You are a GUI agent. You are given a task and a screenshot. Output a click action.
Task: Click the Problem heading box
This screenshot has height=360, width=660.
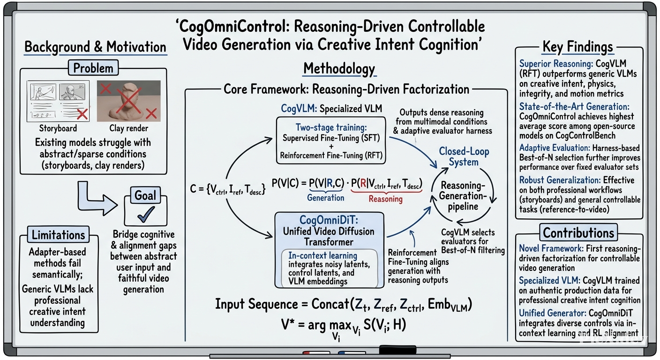click(93, 68)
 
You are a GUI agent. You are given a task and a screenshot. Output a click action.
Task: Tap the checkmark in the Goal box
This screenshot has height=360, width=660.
click(146, 214)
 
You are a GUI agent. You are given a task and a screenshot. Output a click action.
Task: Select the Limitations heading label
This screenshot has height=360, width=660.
click(58, 235)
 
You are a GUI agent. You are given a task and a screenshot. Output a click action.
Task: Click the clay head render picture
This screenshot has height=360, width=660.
click(129, 101)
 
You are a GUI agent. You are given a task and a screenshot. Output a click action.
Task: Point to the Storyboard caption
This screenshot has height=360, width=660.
click(58, 128)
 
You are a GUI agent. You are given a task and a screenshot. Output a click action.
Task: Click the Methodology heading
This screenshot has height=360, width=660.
click(339, 68)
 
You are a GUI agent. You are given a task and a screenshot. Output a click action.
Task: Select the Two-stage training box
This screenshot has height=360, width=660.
click(331, 141)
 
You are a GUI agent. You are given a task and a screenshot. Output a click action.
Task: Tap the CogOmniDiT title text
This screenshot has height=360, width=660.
click(329, 220)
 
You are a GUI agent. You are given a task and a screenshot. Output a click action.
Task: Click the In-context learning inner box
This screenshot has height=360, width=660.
click(330, 269)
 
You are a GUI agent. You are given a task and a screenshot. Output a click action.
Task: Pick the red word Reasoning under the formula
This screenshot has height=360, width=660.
click(385, 199)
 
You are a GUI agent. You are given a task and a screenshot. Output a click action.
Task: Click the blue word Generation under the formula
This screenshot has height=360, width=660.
click(326, 198)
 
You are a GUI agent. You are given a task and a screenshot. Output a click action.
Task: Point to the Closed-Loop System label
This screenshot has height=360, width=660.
click(464, 157)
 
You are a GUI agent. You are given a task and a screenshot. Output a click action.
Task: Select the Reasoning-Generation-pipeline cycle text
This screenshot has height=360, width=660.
click(463, 196)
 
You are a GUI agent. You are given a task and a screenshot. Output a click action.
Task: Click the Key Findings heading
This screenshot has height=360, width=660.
click(577, 46)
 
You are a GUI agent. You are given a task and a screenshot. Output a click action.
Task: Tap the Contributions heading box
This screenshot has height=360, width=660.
click(578, 232)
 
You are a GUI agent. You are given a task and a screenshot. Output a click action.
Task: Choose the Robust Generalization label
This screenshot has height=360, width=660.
click(560, 180)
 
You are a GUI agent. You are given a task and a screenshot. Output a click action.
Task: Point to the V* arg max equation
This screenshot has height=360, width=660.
click(344, 327)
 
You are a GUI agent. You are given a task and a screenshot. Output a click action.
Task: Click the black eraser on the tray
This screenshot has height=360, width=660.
click(397, 350)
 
